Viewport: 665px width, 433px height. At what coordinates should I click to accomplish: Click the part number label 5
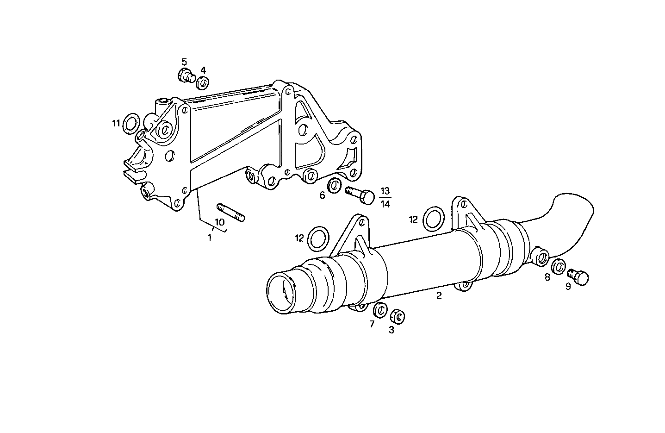coord(184,62)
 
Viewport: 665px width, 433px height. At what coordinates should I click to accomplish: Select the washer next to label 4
coord(202,83)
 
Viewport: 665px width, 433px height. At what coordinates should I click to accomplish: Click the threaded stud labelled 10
coord(230,212)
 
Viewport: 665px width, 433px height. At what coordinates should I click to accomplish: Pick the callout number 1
coord(210,238)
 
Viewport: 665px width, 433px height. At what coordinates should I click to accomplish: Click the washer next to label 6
coord(334,185)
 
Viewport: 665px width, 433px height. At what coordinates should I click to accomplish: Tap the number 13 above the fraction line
coord(385,191)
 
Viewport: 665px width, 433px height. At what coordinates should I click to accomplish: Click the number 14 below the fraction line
coord(385,204)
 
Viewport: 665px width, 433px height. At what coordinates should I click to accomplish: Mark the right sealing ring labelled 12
coord(433,218)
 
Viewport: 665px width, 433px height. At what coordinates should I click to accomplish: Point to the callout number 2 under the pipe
coord(439,295)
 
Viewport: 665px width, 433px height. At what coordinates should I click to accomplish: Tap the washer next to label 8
coord(559,266)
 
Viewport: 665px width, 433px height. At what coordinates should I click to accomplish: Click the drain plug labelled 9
coord(578,276)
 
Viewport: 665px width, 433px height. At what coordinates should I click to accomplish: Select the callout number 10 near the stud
coord(219,222)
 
